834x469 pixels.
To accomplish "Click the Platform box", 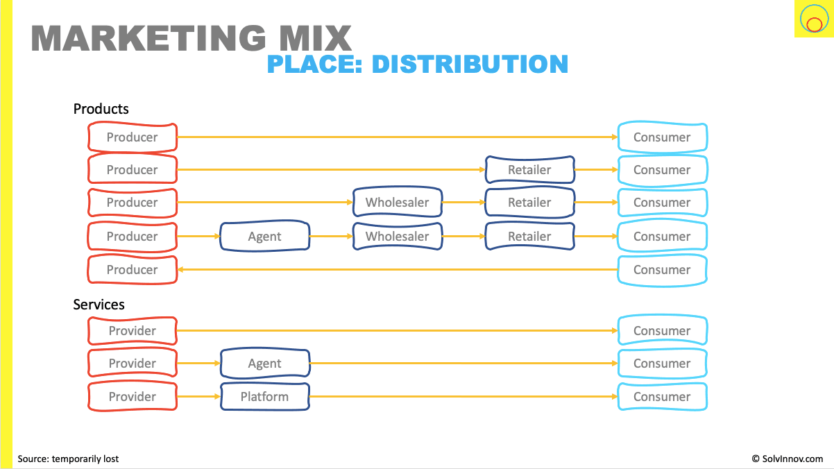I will [x=265, y=397].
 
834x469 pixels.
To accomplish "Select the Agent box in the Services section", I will [x=265, y=364].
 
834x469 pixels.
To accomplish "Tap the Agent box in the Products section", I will [x=265, y=237].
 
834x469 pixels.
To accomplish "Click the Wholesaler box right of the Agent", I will [x=397, y=237].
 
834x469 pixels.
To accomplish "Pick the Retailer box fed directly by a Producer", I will [x=529, y=170].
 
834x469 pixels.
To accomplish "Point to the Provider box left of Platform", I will [x=133, y=397].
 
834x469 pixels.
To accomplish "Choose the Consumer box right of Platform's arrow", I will [x=662, y=397].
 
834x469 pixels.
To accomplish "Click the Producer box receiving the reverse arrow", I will [x=133, y=270].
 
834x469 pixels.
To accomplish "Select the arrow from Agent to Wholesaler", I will [x=331, y=237].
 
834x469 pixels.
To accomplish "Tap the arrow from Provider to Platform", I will [x=198, y=397].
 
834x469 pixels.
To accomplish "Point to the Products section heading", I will [x=101, y=109].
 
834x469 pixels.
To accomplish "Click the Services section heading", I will [x=99, y=305].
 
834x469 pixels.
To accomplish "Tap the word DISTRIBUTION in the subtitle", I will [x=470, y=65].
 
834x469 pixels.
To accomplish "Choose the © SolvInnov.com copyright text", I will [x=787, y=459].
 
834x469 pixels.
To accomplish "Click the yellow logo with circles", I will [x=813, y=19].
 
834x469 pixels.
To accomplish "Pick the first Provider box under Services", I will [x=133, y=331].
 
